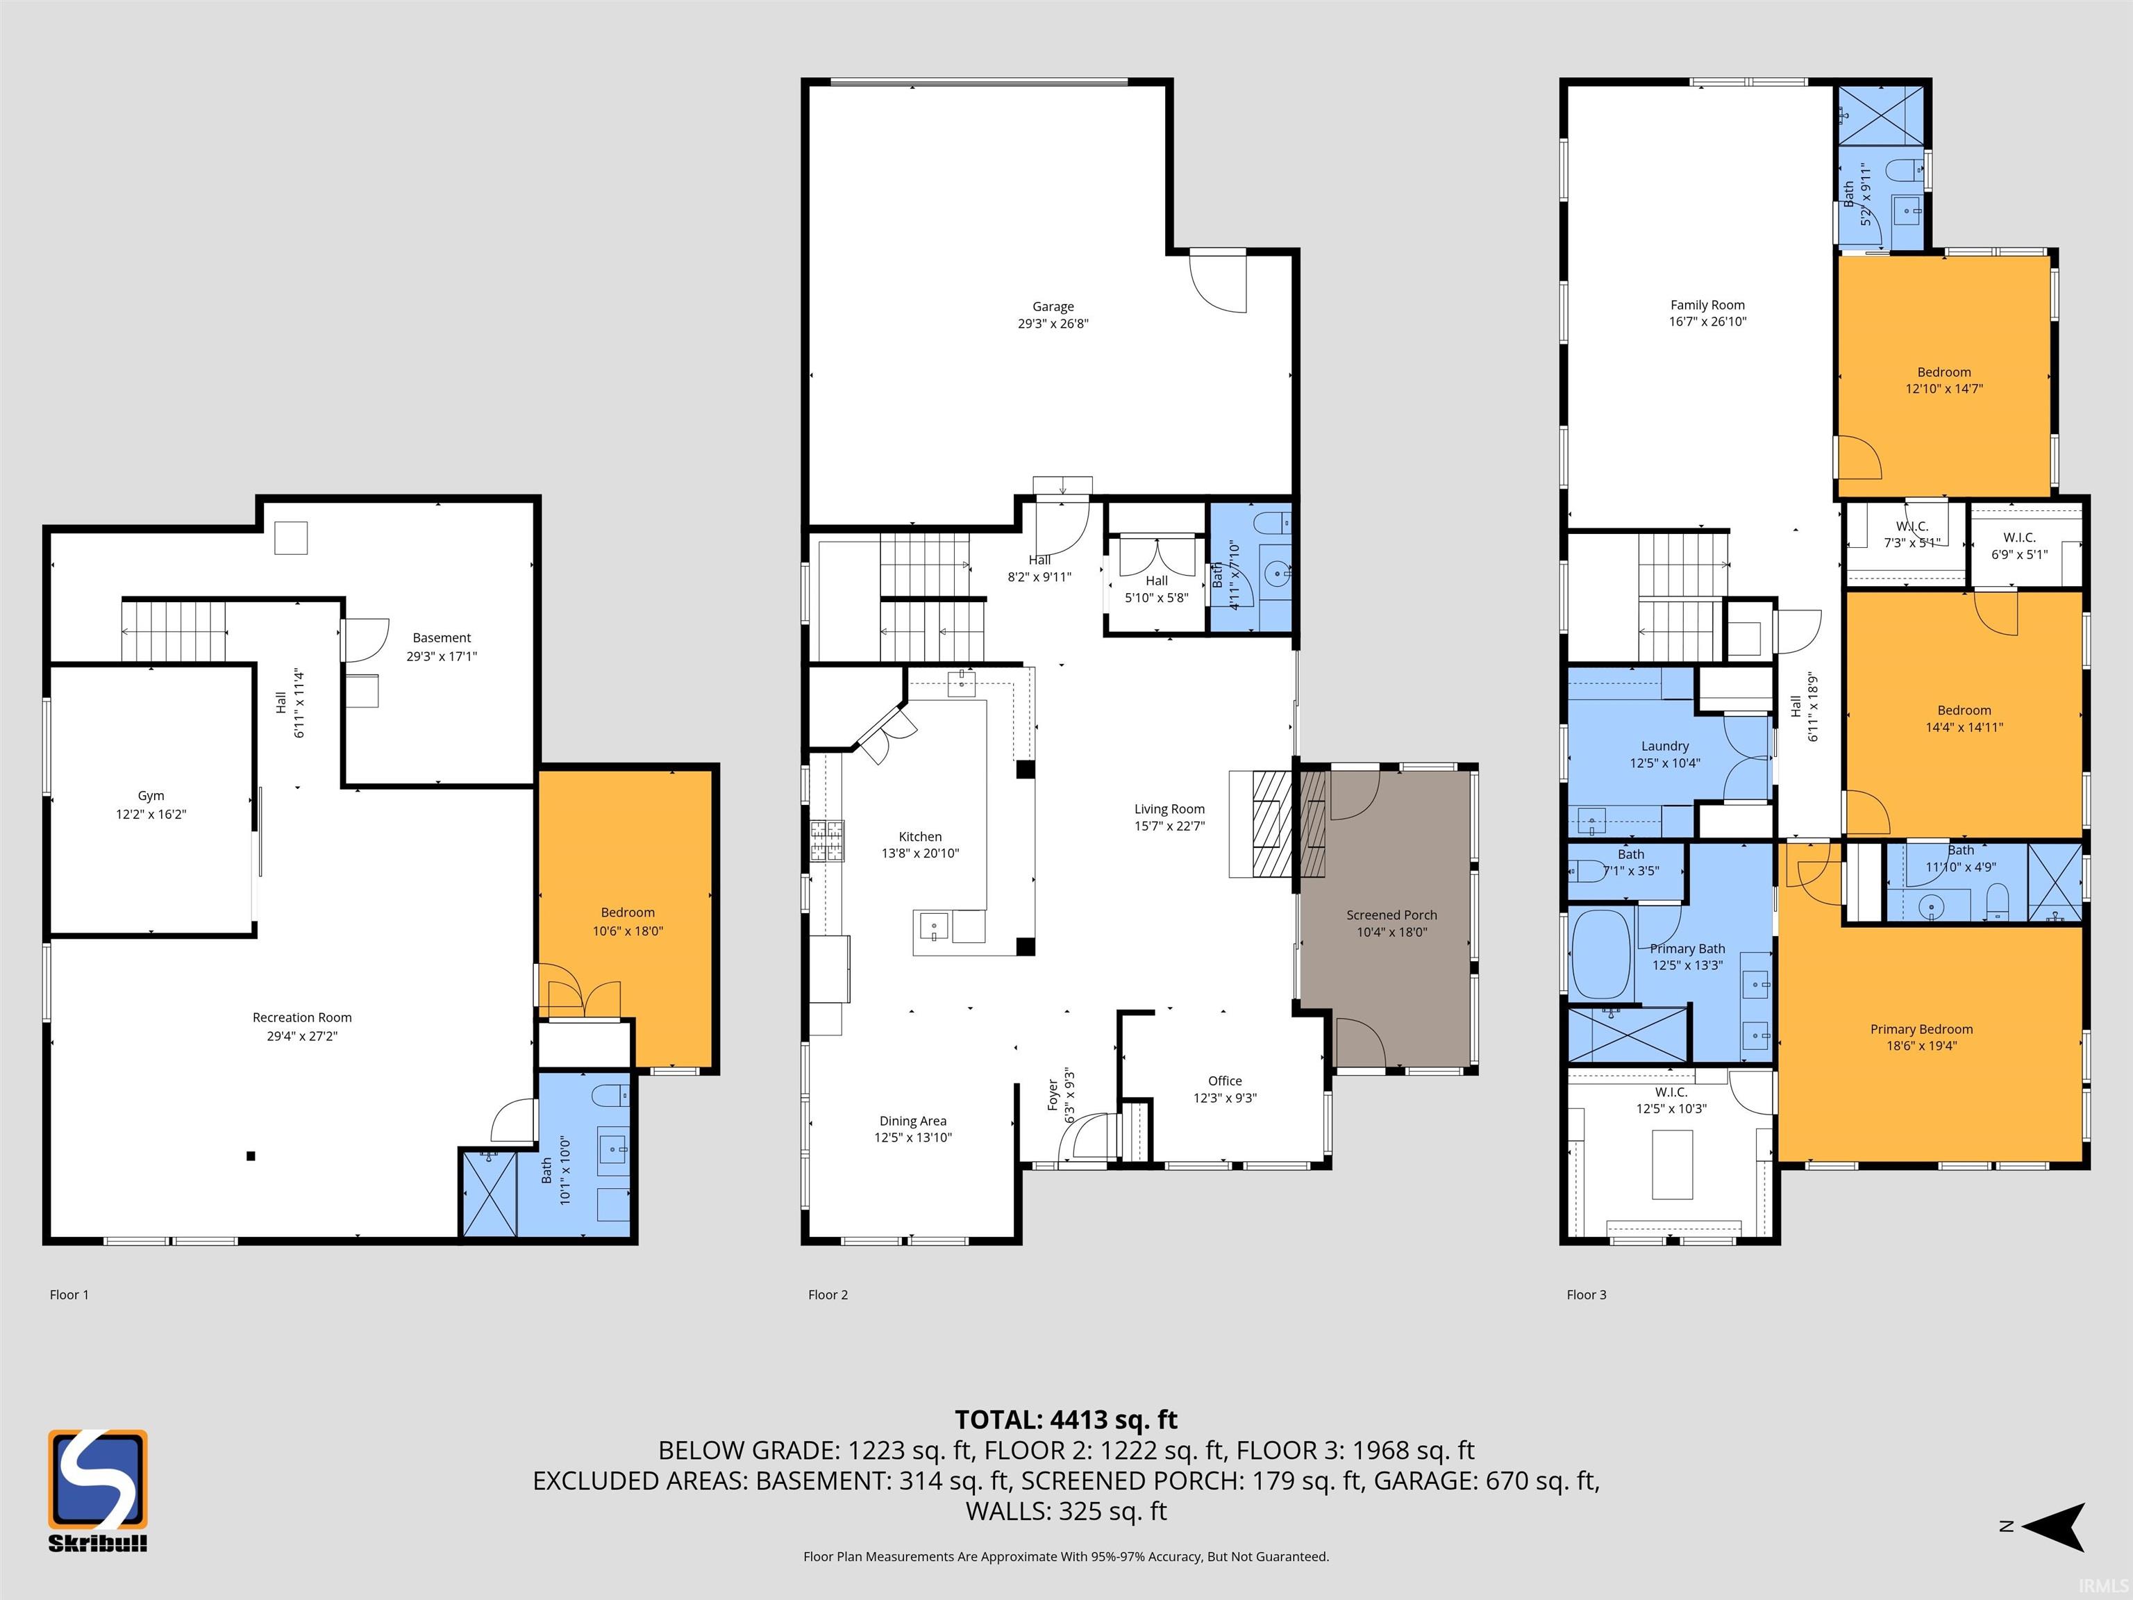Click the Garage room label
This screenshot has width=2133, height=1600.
[x=1053, y=307]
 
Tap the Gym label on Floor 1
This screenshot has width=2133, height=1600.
[x=151, y=796]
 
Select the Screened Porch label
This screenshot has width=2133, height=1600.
[x=1391, y=915]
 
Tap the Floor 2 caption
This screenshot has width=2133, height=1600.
[x=828, y=1294]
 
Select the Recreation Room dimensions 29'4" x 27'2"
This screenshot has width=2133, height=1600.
[x=302, y=1036]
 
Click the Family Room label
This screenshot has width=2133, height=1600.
[x=1708, y=305]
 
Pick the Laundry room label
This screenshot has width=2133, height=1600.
[x=1665, y=746]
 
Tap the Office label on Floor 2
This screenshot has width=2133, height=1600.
[x=1225, y=1081]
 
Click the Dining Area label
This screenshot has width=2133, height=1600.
[x=912, y=1121]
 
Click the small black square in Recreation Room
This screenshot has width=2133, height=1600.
[x=251, y=1156]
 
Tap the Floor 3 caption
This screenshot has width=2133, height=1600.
[x=1587, y=1294]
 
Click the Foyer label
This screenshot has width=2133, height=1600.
[x=1053, y=1094]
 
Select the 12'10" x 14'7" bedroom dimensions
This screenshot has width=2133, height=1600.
[x=1944, y=389]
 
